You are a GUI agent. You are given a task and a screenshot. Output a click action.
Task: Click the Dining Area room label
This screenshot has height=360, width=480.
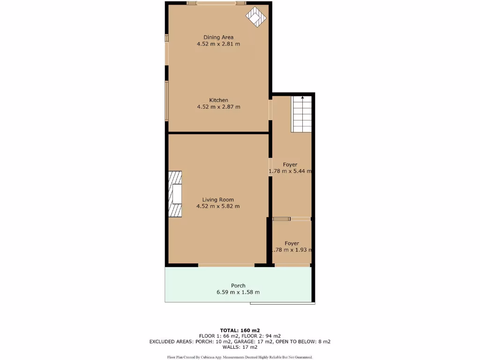click(x=218, y=37)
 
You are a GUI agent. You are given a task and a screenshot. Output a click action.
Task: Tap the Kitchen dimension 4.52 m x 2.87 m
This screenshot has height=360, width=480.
click(x=218, y=107)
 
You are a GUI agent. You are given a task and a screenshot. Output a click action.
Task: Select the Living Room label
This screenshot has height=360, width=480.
click(x=218, y=200)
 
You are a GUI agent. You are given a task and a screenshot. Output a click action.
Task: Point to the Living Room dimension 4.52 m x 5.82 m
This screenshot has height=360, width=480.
click(x=218, y=206)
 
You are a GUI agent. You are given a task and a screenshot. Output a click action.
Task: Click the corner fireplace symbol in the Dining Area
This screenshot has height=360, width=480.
click(x=256, y=17)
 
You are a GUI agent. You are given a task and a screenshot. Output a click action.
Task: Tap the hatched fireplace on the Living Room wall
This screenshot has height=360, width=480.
click(x=176, y=194)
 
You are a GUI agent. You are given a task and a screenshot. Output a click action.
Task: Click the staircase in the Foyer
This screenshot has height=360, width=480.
click(x=301, y=115)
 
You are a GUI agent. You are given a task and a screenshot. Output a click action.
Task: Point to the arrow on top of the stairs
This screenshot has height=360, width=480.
click(x=302, y=97)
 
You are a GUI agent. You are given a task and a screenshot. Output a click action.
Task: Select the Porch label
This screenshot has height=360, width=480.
click(x=238, y=285)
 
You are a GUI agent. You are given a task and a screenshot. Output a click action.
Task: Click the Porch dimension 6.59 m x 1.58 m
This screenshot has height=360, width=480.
click(x=238, y=292)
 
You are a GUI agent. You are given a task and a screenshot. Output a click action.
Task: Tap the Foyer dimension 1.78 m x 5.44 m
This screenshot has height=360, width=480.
click(x=290, y=172)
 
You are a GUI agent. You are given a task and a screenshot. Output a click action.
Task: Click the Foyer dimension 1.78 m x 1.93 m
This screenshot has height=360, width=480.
click(x=292, y=250)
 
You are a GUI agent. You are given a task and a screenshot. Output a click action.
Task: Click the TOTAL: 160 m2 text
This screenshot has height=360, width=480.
click(x=240, y=330)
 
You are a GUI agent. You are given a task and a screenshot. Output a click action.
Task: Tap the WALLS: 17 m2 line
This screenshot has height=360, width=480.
click(x=240, y=347)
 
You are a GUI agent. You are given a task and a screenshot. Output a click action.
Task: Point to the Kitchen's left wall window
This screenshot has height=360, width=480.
click(x=166, y=100)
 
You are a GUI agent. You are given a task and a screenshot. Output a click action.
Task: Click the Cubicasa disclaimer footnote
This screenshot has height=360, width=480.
click(x=240, y=357)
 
